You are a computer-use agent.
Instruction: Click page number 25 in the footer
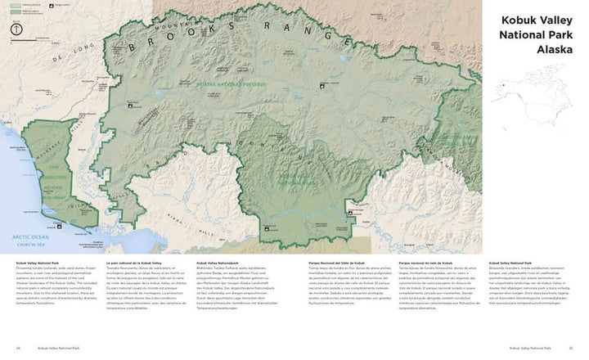571,348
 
